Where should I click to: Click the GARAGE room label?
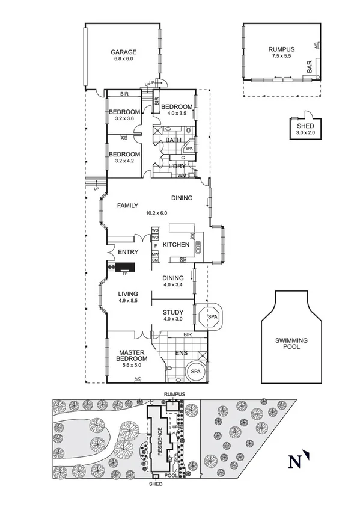coord(123,52)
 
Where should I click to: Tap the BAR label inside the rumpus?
coord(310,66)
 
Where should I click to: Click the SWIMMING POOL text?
coord(291,344)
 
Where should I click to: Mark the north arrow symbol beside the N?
coord(306,456)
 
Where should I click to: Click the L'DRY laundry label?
coord(176,166)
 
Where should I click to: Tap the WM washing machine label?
coord(181,176)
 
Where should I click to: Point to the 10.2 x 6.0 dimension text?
coord(156,212)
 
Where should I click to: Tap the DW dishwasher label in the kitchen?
coord(192,238)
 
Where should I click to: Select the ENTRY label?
coord(128,252)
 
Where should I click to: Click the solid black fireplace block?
coord(126,268)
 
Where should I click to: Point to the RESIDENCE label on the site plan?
coord(160,441)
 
